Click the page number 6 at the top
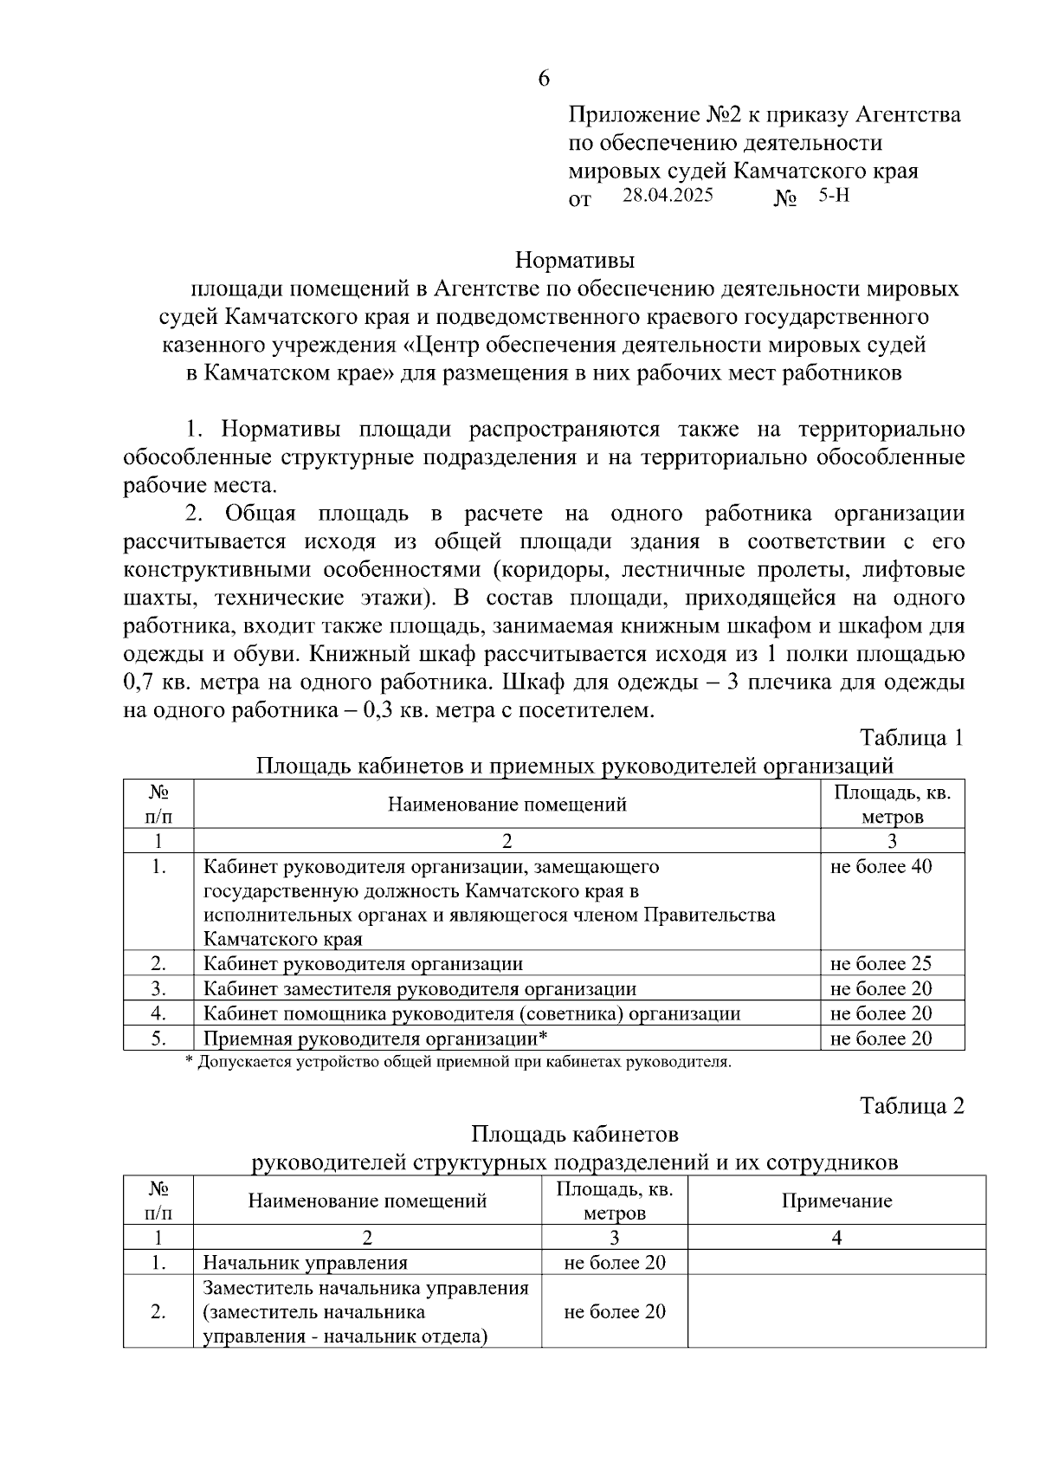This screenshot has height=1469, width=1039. coord(544,79)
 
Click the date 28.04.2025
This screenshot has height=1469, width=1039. coord(668,196)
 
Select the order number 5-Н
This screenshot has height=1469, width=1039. coord(834,196)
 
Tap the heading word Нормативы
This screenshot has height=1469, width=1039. coord(575,260)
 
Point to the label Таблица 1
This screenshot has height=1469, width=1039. coord(911,738)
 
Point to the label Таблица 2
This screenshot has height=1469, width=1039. coord(911,1106)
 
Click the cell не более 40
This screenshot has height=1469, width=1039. coord(881,867)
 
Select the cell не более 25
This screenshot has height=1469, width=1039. coord(881,964)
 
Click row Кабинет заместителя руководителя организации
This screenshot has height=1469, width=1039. coord(420,989)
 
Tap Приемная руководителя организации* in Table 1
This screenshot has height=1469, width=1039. coord(376,1039)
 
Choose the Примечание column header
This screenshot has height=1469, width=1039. coord(836,1200)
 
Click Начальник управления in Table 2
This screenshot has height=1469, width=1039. coord(305,1263)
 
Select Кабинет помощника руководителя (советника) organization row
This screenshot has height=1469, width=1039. coord(472,1014)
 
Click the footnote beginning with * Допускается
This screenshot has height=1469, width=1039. coord(459,1062)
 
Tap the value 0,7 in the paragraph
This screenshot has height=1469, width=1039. coord(139,683)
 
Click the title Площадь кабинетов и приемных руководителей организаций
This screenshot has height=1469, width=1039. coord(574,766)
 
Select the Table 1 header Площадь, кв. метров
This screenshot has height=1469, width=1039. coord(892,805)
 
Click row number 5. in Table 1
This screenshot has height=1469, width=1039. coord(158,1039)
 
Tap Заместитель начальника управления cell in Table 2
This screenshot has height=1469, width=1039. coord(365,1311)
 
